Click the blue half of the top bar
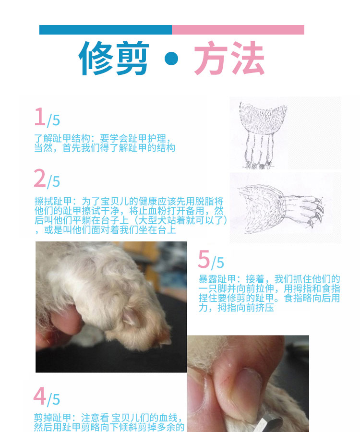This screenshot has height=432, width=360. [x=106, y=30]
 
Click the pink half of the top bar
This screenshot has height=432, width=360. [x=238, y=30]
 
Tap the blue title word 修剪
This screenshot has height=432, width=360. [x=114, y=58]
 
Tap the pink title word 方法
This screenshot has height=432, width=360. [x=229, y=58]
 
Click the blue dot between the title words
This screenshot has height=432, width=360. [x=171, y=59]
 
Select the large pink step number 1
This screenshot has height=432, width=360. [x=40, y=117]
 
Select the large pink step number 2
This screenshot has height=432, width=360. [x=40, y=178]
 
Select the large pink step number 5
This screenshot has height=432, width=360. [x=204, y=259]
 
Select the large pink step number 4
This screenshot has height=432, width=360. [x=40, y=396]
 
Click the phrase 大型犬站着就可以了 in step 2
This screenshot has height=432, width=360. [x=181, y=220]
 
